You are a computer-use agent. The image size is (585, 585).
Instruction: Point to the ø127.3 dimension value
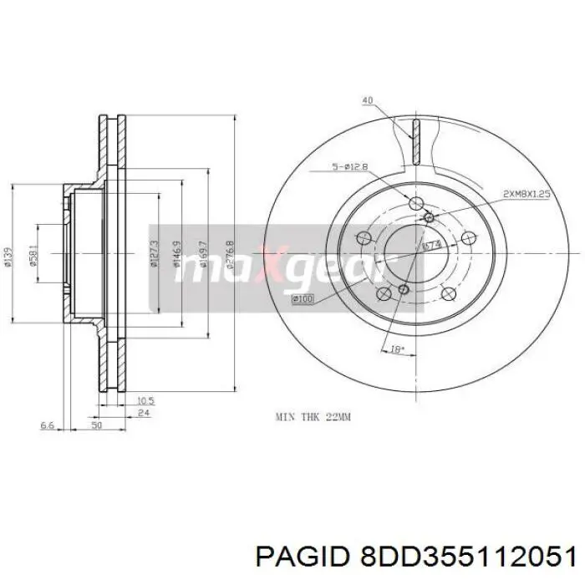point(154,253)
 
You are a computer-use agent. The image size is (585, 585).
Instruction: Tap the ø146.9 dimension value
point(177,253)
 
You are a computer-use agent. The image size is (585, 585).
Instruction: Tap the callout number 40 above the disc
point(367,101)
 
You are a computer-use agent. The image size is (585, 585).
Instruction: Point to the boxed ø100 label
point(303,298)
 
